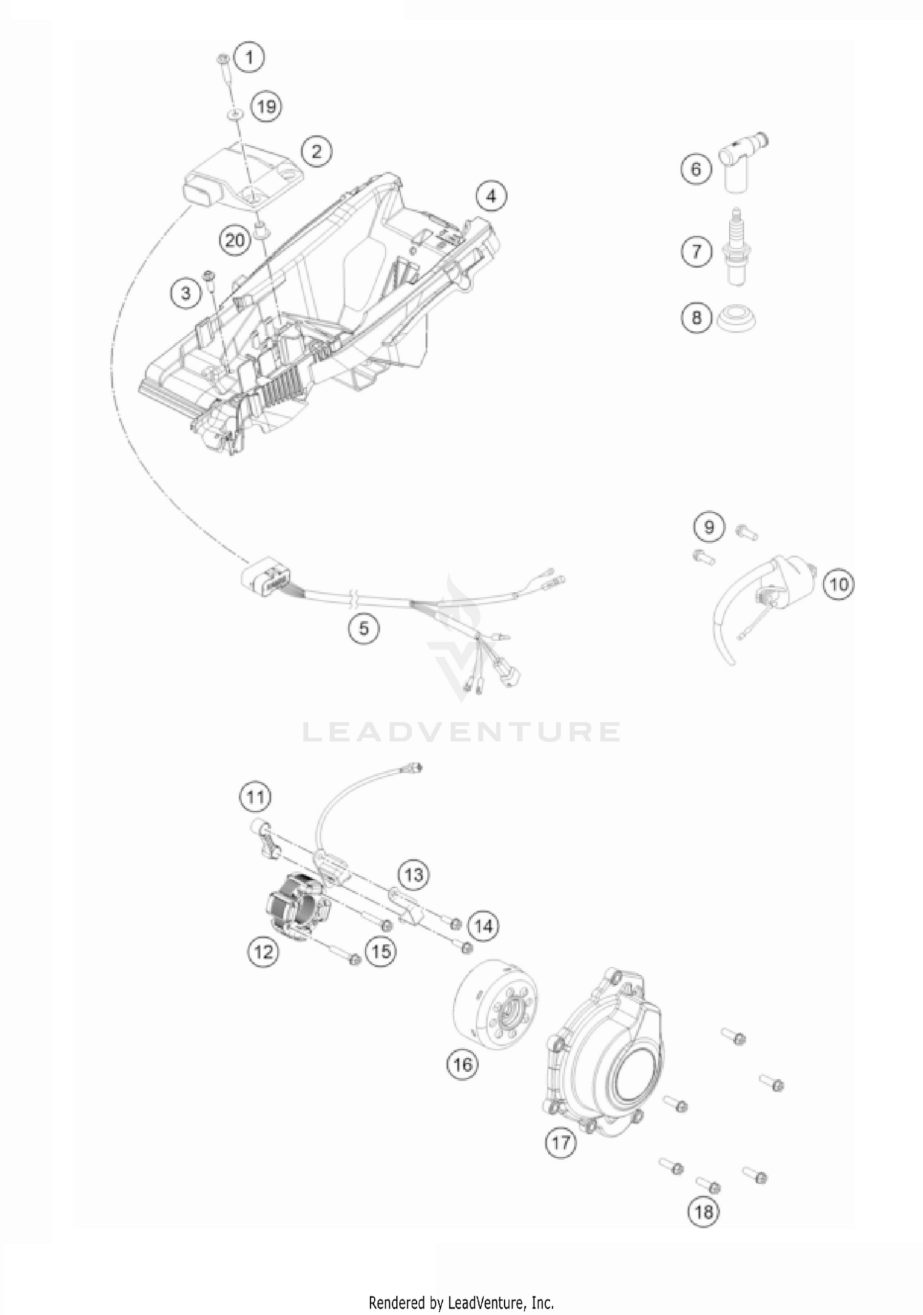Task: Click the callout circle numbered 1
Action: pos(249,58)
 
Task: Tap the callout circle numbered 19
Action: pos(266,107)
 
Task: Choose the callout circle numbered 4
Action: pos(490,196)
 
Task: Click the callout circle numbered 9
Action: pos(709,527)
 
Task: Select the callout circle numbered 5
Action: pos(364,629)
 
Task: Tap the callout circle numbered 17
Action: pos(561,1143)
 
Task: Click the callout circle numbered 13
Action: pos(414,874)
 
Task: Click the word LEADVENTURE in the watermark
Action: pos(461,731)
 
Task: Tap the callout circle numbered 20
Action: pos(235,240)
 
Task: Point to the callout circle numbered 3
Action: pos(186,292)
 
